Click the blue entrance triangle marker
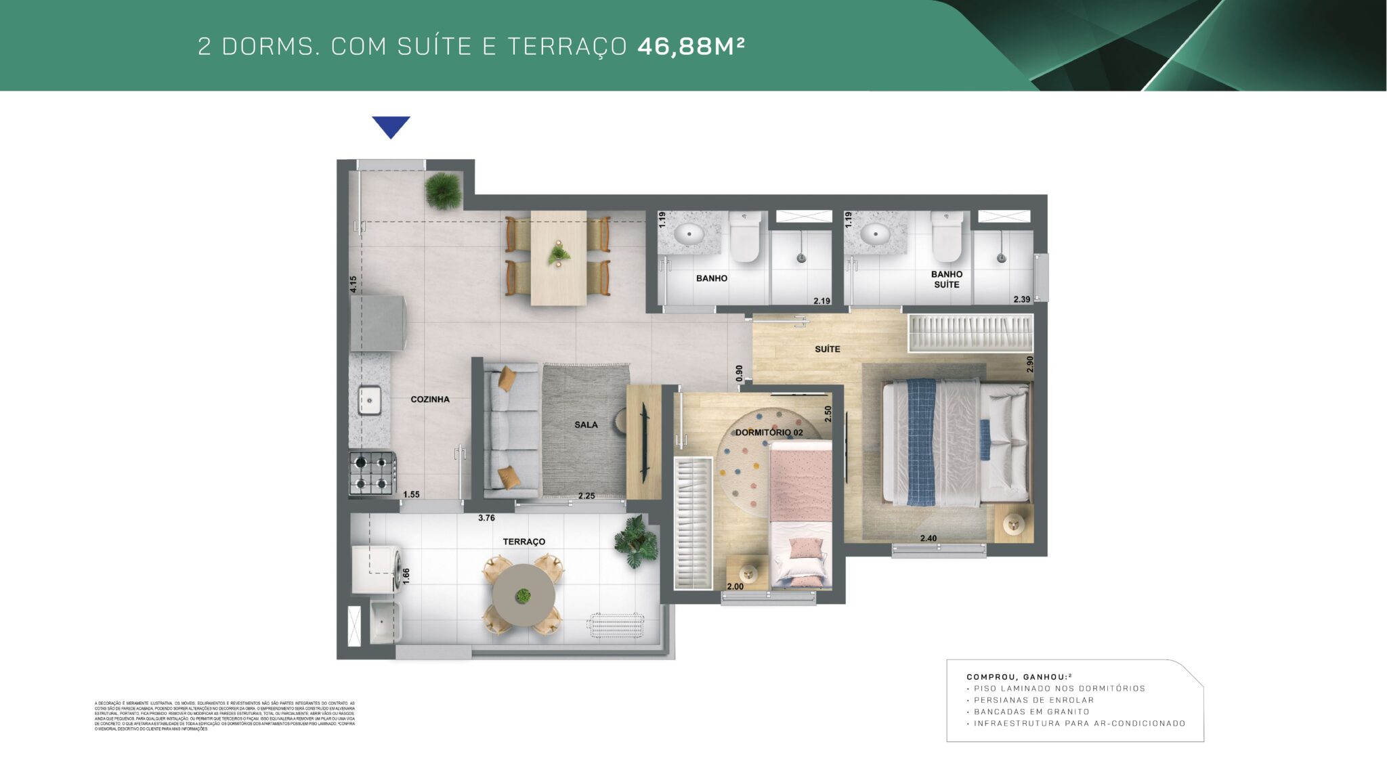(x=391, y=126)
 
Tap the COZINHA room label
(x=430, y=399)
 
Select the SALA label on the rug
(x=586, y=425)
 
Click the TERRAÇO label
(x=524, y=542)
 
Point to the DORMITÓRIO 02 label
(x=769, y=432)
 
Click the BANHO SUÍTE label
(x=946, y=280)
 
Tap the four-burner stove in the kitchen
(x=372, y=473)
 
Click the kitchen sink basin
(x=370, y=399)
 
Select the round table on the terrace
(x=523, y=596)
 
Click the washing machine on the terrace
(x=377, y=568)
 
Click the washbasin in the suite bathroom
(x=875, y=234)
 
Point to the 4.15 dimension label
(x=353, y=284)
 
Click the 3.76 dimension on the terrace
(x=486, y=518)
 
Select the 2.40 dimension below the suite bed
(x=929, y=539)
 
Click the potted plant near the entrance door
(x=443, y=190)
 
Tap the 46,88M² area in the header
(x=691, y=46)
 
